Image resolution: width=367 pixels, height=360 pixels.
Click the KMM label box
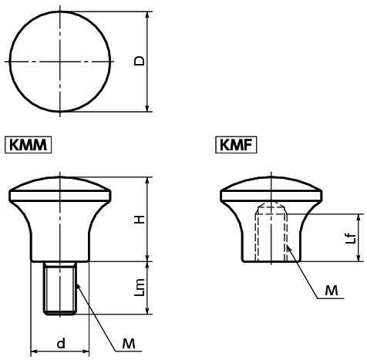click(x=29, y=144)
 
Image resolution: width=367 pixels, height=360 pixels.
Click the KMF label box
click(x=237, y=144)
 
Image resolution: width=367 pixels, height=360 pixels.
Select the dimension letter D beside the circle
click(x=139, y=61)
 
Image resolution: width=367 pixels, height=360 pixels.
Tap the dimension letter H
click(x=139, y=219)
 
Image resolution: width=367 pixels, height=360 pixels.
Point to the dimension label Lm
click(x=139, y=288)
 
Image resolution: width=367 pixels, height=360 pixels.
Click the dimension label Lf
click(x=351, y=238)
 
